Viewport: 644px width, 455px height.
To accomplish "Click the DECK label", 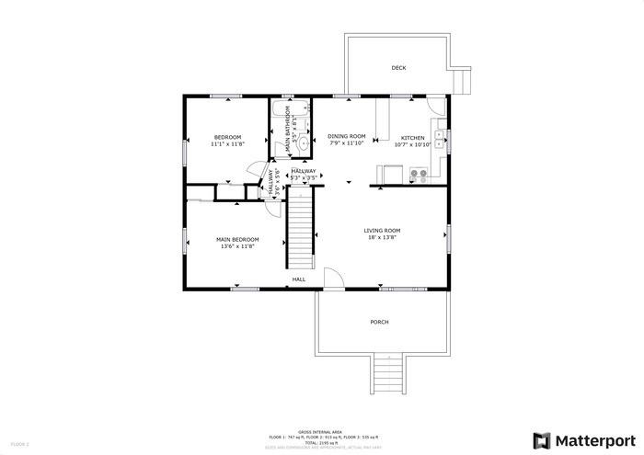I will coord(398,68).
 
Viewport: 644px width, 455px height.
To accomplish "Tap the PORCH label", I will coord(379,322).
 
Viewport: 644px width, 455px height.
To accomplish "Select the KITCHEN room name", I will coord(412,137).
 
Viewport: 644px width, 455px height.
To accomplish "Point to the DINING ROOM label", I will coord(347,136).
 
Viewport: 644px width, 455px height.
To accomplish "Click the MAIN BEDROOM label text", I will coord(237,239).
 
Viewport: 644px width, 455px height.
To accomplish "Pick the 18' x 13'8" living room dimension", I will coord(382,238).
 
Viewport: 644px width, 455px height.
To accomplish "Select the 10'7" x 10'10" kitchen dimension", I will coord(412,144).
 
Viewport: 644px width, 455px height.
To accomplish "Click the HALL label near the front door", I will coord(299,279).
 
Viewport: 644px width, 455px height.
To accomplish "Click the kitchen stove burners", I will coord(419,172).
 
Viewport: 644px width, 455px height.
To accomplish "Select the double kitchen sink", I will coord(439,140).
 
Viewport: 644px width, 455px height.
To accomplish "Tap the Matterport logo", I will coord(584,439).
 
